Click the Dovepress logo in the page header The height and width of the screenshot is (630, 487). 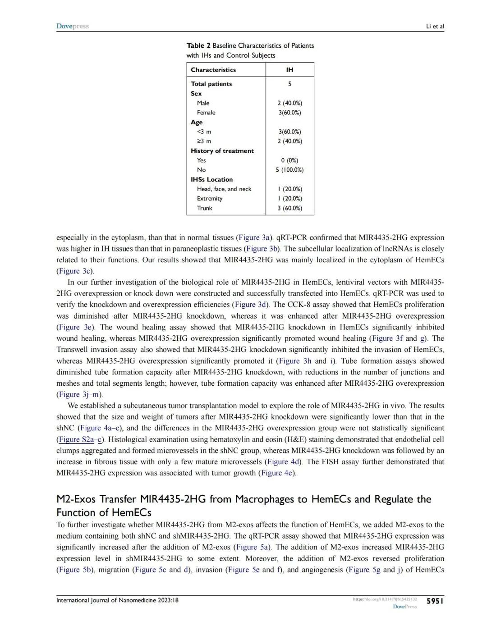73,26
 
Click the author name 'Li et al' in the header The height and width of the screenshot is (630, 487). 435,26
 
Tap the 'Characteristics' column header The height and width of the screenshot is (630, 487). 213,70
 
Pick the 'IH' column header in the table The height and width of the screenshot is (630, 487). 289,70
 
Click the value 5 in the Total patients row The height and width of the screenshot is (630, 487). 289,84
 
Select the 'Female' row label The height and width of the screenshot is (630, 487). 206,113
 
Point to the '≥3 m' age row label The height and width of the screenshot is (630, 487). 204,141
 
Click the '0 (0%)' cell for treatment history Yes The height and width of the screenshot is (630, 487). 289,160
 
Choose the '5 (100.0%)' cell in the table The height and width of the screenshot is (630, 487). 289,170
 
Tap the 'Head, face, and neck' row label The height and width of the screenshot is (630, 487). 224,189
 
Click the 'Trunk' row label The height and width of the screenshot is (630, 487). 205,208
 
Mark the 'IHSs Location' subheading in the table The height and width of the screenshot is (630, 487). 212,179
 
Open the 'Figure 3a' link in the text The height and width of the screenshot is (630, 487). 255,237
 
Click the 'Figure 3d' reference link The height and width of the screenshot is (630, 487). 251,305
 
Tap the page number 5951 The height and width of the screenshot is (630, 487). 435,601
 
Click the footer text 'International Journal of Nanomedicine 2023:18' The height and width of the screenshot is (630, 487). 117,600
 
